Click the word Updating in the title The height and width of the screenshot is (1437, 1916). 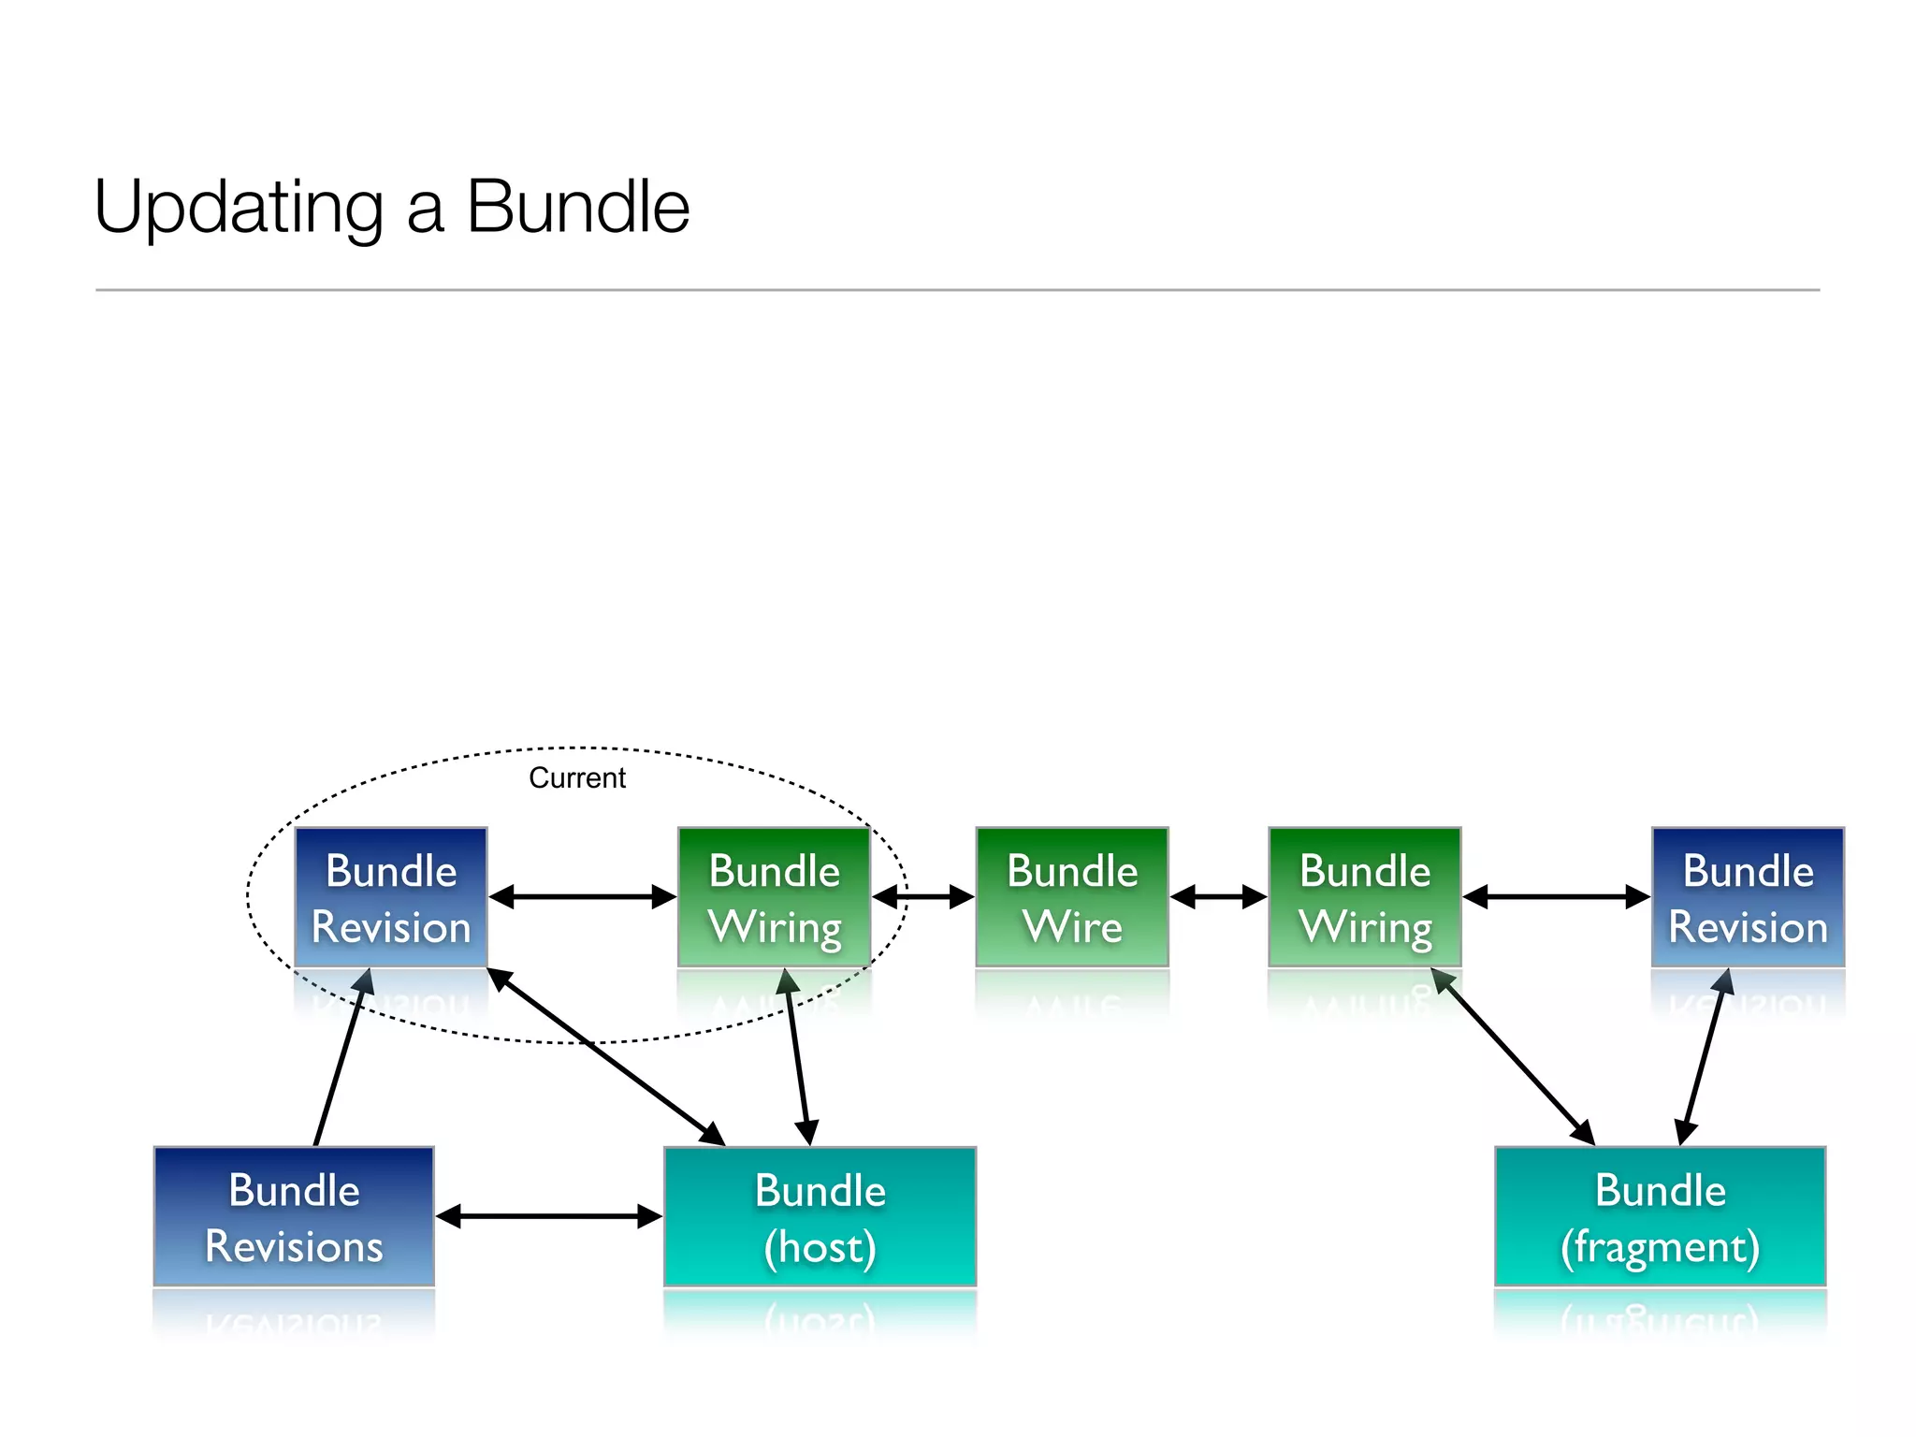pyautogui.click(x=239, y=208)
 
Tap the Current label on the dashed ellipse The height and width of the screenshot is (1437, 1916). pyautogui.click(x=576, y=777)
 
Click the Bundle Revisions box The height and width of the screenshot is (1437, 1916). pyautogui.click(x=294, y=1216)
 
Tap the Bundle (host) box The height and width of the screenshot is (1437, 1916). pyautogui.click(x=820, y=1216)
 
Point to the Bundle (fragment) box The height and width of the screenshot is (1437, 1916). pyautogui.click(x=1660, y=1216)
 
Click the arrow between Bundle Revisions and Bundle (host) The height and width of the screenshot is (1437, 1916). pyautogui.click(x=549, y=1216)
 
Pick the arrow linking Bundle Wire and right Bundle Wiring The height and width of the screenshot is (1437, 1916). pyautogui.click(x=1218, y=897)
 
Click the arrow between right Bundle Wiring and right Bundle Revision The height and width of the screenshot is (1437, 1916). pyautogui.click(x=1556, y=897)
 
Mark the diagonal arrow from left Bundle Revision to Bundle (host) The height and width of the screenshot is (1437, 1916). pyautogui.click(x=606, y=1057)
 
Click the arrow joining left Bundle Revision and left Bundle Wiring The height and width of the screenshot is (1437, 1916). pyautogui.click(x=582, y=897)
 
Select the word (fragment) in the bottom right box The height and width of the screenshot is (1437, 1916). pyautogui.click(x=1660, y=1247)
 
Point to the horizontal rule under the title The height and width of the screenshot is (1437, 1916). pyautogui.click(x=957, y=290)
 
